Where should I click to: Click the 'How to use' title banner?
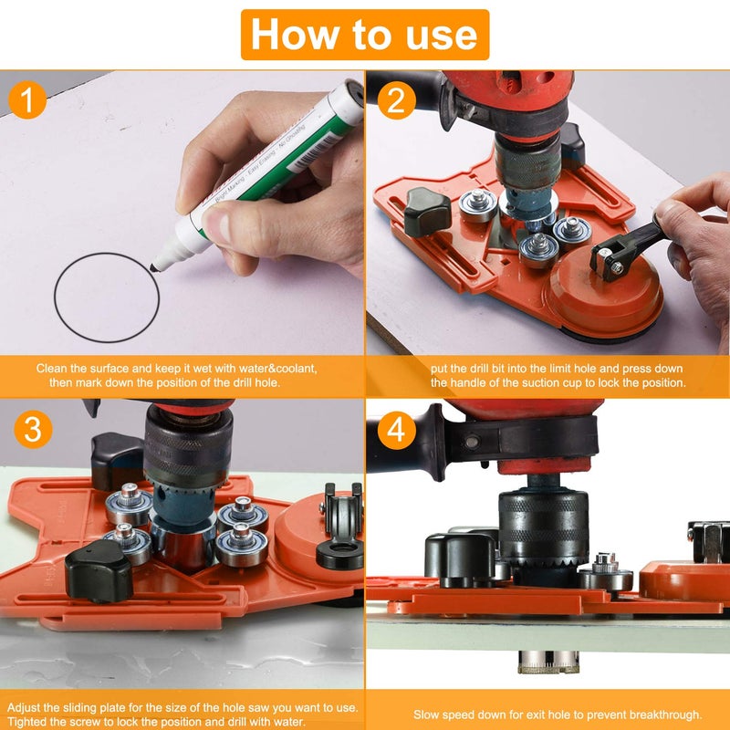point(365,35)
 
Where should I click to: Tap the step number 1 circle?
point(30,100)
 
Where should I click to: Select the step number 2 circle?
point(395,100)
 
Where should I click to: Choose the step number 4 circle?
point(396,428)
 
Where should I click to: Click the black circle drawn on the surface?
point(106,297)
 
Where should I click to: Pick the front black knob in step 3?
point(99,569)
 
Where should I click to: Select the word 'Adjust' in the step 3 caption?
point(26,708)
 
